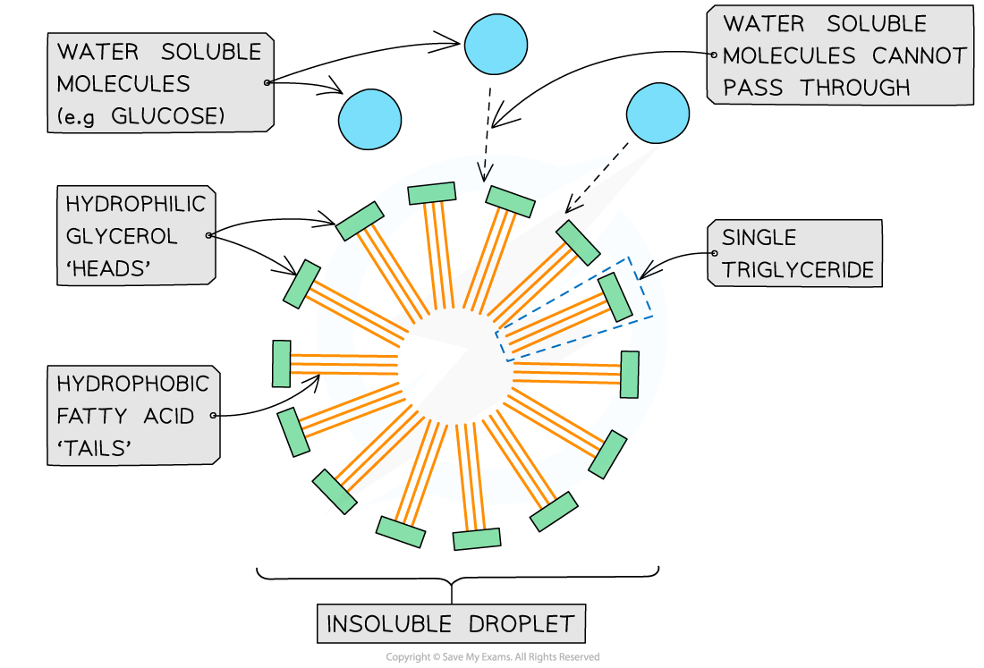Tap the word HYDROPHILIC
pyautogui.click(x=135, y=204)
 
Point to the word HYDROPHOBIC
pyautogui.click(x=132, y=384)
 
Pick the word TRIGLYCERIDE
pyautogui.click(x=798, y=269)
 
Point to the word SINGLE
pyautogui.click(x=759, y=237)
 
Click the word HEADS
pyautogui.click(x=106, y=267)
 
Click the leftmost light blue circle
pyautogui.click(x=370, y=118)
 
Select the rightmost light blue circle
pyautogui.click(x=658, y=114)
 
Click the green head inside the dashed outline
pyautogui.click(x=615, y=297)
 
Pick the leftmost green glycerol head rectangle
pyautogui.click(x=282, y=364)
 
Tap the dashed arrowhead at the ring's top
pyautogui.click(x=484, y=170)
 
